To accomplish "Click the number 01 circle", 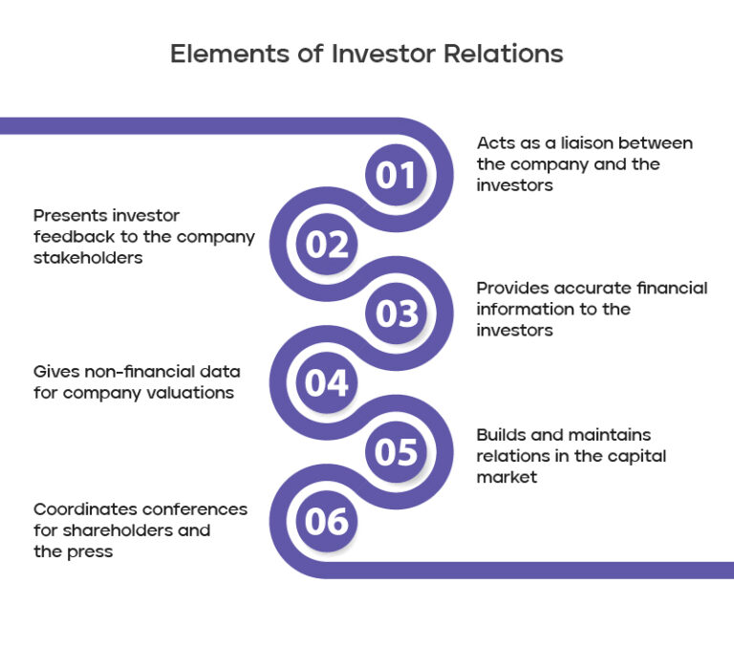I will [396, 176].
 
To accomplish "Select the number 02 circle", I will [327, 246].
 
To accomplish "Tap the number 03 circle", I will [396, 314].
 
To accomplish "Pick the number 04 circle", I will [327, 383].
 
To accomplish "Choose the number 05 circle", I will [396, 452].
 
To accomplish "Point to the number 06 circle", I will [327, 522].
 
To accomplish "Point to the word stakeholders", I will [88, 258].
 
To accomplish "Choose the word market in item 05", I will [507, 477].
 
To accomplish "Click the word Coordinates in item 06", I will [85, 509].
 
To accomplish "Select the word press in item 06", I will [91, 552].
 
